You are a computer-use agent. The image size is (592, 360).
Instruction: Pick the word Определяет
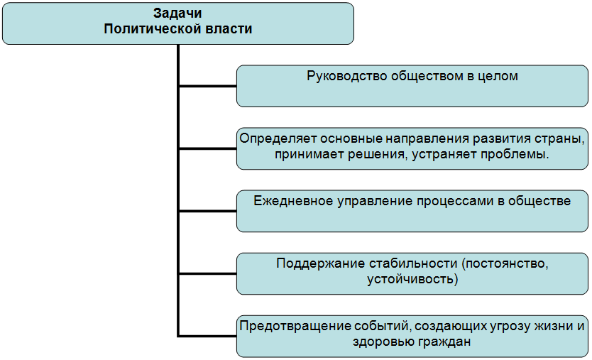coord(276,138)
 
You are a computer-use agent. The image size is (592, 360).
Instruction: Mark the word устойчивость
coord(408,279)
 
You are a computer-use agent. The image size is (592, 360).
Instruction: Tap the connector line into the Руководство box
coord(207,87)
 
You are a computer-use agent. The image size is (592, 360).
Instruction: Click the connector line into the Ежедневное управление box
coord(207,211)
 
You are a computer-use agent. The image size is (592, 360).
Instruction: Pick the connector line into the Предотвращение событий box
coord(207,336)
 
